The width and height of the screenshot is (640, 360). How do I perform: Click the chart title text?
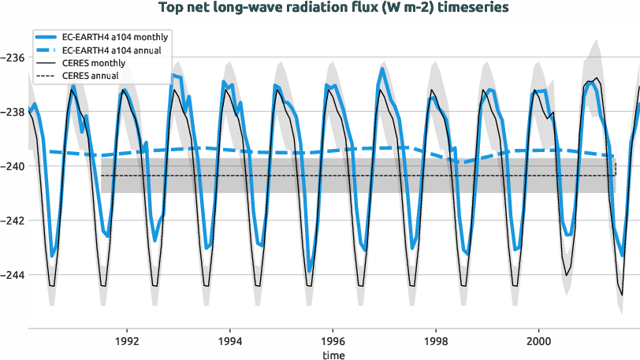point(333,7)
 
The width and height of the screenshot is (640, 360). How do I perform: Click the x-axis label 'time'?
point(333,355)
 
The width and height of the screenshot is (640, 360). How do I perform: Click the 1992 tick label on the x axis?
point(127,342)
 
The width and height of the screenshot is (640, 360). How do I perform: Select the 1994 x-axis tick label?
point(230,342)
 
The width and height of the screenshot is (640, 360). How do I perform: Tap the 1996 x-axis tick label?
point(333,342)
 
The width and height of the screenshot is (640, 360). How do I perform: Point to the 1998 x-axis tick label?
point(436,342)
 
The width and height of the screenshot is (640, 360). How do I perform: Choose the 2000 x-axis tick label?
point(538,342)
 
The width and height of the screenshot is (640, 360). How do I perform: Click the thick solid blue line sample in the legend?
point(47,38)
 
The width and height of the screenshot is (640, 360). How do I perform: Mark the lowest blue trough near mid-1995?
point(310,271)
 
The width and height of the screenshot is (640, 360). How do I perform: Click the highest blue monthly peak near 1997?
point(382,69)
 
